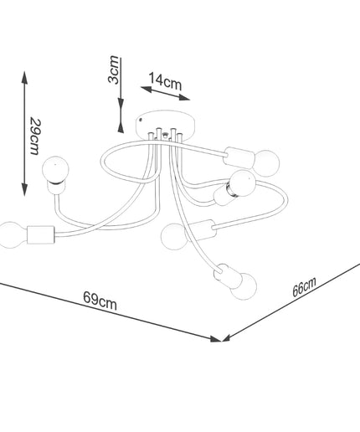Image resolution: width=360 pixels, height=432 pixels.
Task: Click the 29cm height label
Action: pyautogui.click(x=36, y=136)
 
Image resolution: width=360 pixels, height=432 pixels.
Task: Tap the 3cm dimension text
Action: pyautogui.click(x=114, y=69)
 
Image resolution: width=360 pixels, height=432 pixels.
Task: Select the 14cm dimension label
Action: pyautogui.click(x=165, y=81)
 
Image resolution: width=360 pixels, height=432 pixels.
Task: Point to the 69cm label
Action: pyautogui.click(x=100, y=301)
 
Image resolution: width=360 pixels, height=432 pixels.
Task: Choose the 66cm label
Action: pyautogui.click(x=304, y=287)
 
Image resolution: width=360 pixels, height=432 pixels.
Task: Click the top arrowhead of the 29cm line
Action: pyautogui.click(x=25, y=78)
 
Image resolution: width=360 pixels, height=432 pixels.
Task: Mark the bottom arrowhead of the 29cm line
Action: pyautogui.click(x=25, y=189)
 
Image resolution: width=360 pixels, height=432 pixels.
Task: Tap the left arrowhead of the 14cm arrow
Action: pyautogui.click(x=146, y=89)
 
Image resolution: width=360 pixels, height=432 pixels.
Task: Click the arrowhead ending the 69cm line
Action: pyautogui.click(x=216, y=339)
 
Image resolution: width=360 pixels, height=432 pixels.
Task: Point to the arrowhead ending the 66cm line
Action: pyautogui.click(x=226, y=337)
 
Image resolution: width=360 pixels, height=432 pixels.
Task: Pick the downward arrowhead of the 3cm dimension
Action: pyautogui.click(x=121, y=105)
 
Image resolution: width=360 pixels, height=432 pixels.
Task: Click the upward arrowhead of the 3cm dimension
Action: pyautogui.click(x=121, y=126)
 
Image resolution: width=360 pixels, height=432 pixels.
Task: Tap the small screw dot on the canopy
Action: pyautogui.click(x=140, y=120)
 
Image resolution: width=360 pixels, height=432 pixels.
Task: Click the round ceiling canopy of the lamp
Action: pyautogui.click(x=166, y=124)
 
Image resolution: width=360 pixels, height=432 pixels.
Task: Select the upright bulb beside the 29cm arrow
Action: pyautogui.click(x=55, y=169)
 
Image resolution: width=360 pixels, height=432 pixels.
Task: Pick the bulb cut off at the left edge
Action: pyautogui.click(x=11, y=234)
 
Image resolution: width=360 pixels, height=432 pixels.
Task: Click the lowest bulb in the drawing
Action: pyautogui.click(x=244, y=285)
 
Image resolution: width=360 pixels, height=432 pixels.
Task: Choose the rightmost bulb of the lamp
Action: pyautogui.click(x=266, y=163)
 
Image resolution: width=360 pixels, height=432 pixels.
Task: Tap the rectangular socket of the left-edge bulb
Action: pyautogui.click(x=41, y=234)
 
